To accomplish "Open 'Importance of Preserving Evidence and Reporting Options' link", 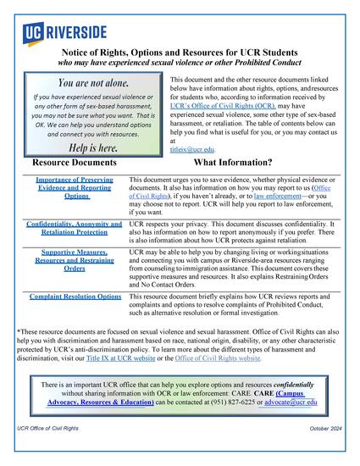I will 76,188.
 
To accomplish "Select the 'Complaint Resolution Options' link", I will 75,297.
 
